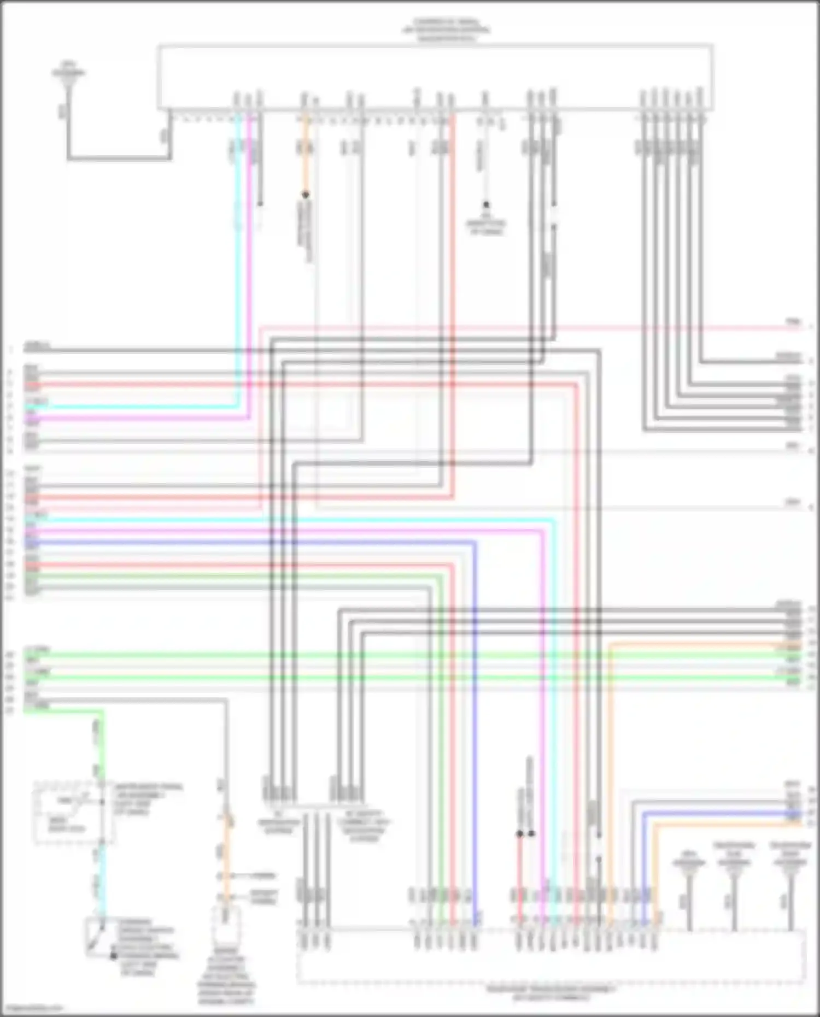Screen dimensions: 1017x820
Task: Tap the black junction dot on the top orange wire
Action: point(306,194)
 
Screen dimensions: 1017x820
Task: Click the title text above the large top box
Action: point(444,30)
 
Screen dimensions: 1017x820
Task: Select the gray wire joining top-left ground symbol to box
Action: point(118,159)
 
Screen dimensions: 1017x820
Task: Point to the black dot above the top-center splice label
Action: point(485,205)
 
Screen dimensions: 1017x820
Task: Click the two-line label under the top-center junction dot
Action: point(486,227)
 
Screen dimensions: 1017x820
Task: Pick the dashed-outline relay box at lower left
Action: point(74,812)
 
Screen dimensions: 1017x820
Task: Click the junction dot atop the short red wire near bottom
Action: point(519,834)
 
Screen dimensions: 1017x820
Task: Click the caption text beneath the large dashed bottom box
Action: point(550,993)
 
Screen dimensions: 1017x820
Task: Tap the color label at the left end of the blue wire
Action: point(31,543)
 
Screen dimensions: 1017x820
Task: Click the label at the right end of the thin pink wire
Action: point(793,322)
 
